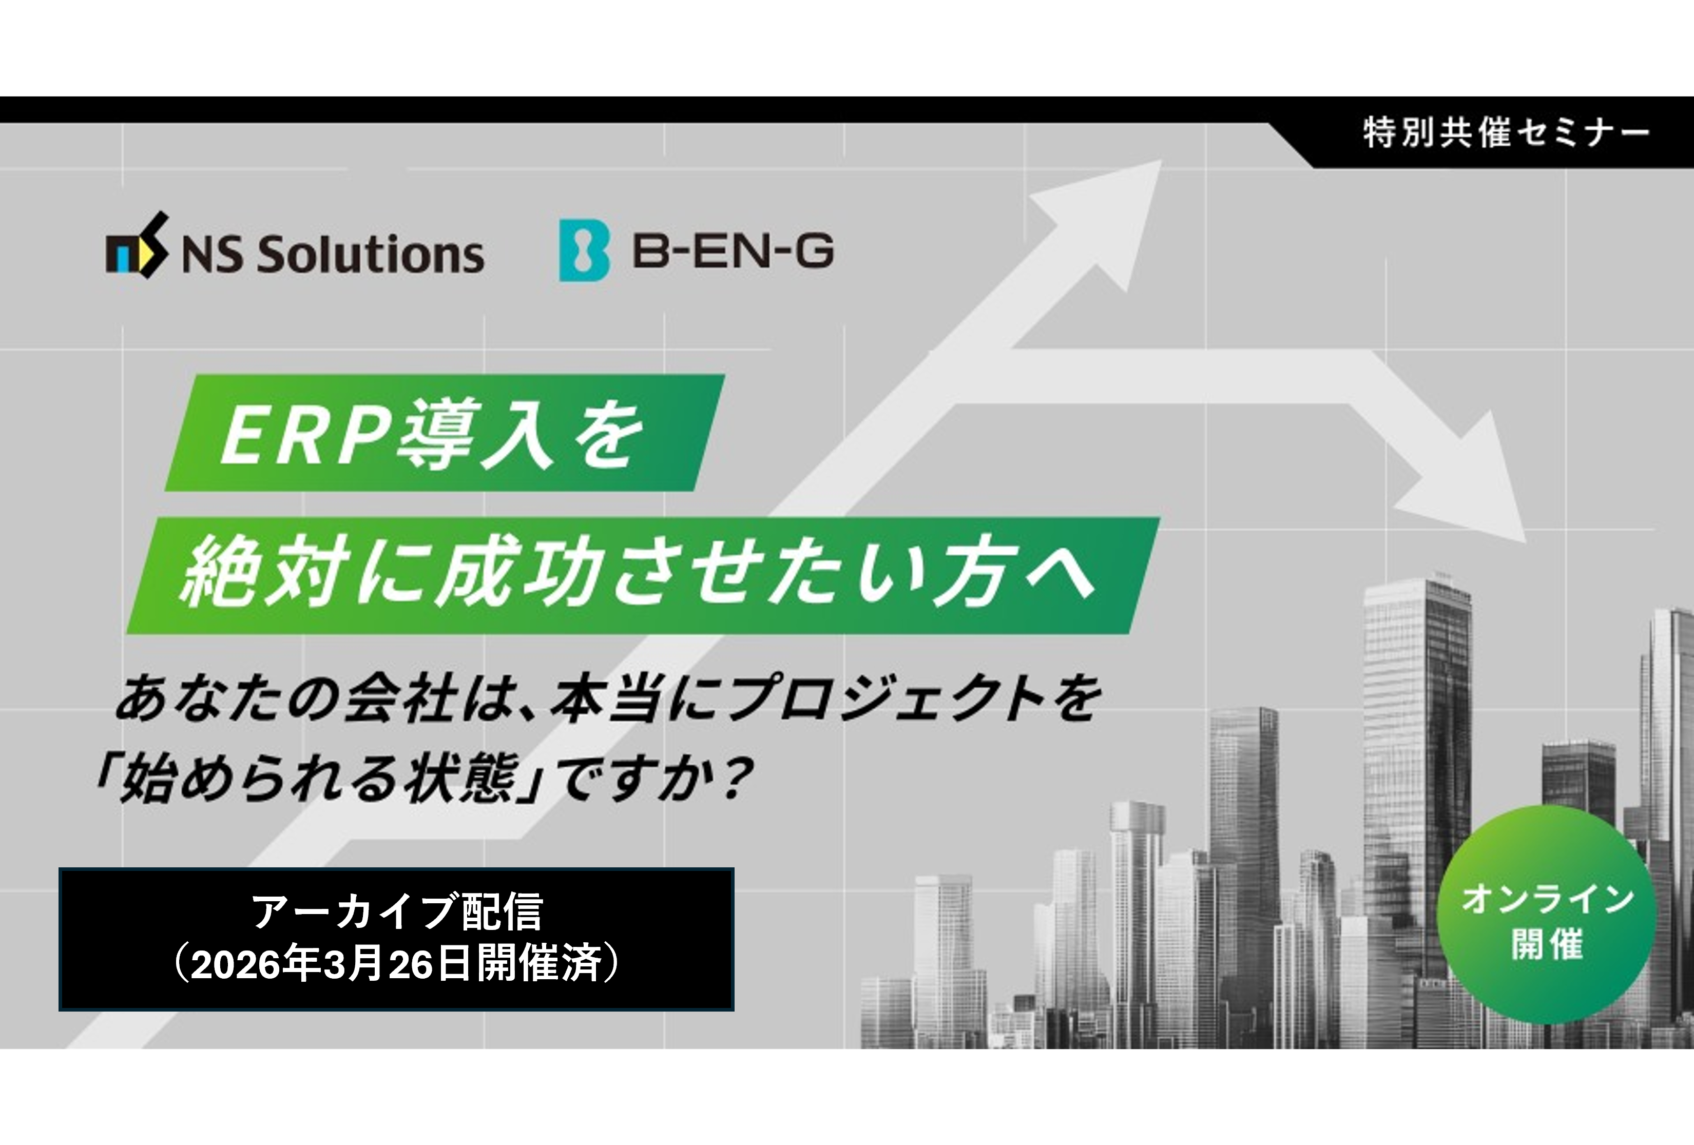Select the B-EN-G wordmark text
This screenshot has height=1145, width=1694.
pyautogui.click(x=733, y=252)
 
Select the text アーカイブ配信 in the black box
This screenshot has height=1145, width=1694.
pyautogui.click(x=397, y=911)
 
